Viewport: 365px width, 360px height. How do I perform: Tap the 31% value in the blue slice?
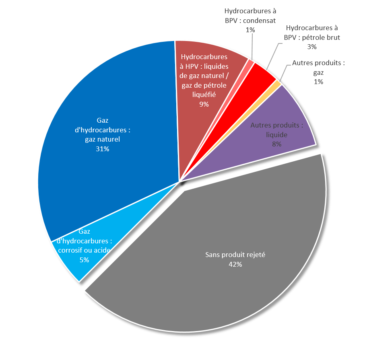[x=103, y=149]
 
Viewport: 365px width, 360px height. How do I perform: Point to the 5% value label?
[x=84, y=260]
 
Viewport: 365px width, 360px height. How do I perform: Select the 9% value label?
[x=204, y=104]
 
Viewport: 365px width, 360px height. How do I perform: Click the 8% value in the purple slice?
[x=276, y=144]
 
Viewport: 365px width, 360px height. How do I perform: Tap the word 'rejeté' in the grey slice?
[x=256, y=255]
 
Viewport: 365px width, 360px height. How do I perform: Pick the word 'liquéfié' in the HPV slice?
[x=204, y=95]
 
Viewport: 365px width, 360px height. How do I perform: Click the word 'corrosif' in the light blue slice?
[x=70, y=250]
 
